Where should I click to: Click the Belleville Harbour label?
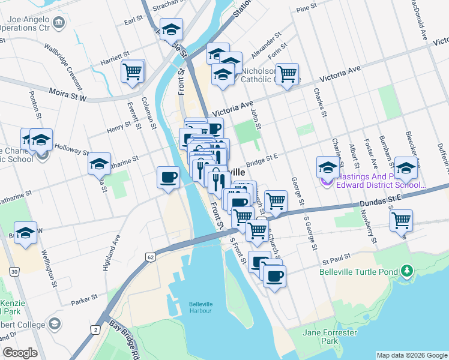click(199, 307)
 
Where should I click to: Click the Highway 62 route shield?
click(149, 257)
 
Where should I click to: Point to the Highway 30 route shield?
click(13, 272)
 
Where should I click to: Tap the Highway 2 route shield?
click(95, 329)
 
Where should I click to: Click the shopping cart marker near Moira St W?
click(132, 71)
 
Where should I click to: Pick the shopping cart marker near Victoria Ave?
click(288, 74)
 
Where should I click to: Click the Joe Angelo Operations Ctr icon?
click(59, 23)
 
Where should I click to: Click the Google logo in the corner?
click(20, 353)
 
